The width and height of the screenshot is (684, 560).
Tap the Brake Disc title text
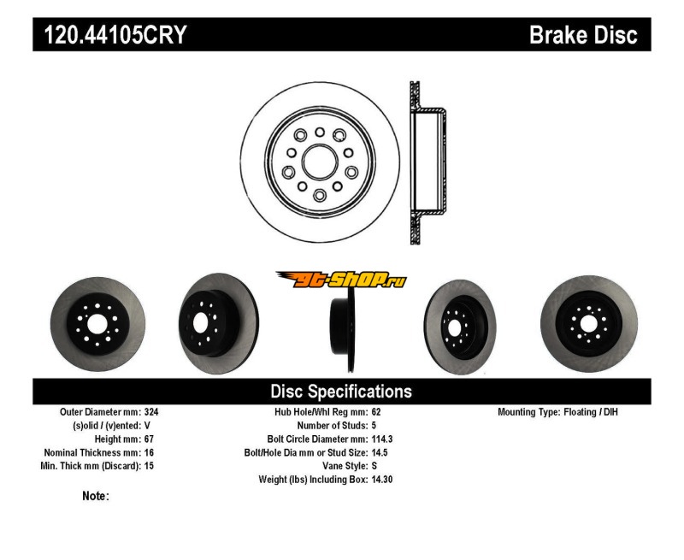[583, 35]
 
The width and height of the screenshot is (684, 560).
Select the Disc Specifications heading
[341, 392]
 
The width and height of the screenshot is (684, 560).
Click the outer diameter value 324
[151, 411]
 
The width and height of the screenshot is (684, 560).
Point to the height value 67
[150, 439]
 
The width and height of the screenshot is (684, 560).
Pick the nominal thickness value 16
[150, 452]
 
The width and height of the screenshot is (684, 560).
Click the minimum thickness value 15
[150, 466]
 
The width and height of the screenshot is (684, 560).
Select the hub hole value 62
[377, 411]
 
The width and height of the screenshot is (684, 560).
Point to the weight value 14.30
[383, 480]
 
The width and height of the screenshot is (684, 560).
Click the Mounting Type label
[528, 411]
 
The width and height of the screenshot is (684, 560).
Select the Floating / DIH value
[591, 411]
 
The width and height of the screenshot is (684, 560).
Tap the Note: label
[96, 496]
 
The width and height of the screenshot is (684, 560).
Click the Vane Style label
[339, 466]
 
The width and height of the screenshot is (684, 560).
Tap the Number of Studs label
[333, 425]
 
